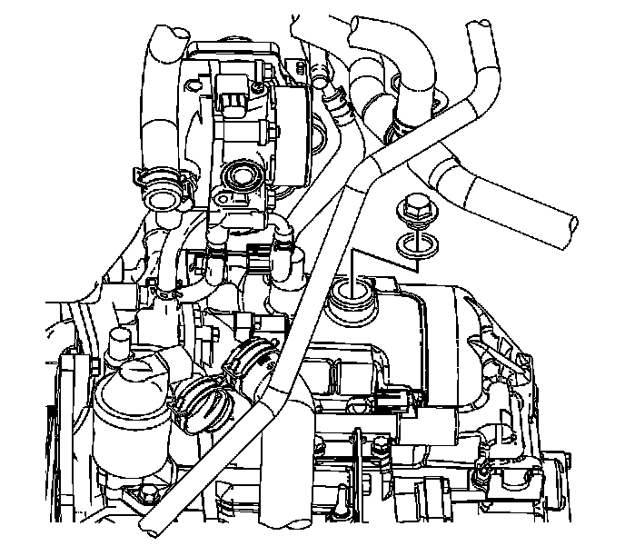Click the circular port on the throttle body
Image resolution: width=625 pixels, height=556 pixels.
pos(244,173)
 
